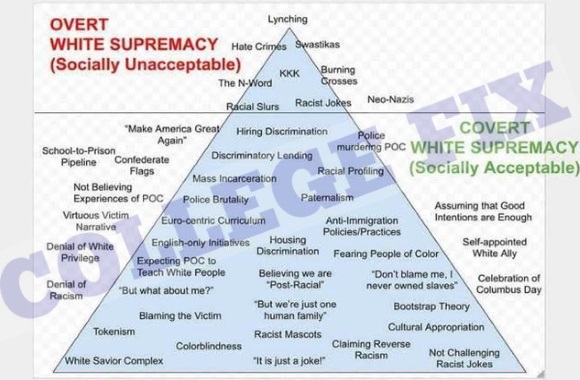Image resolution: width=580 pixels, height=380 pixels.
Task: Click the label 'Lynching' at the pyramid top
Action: point(288,20)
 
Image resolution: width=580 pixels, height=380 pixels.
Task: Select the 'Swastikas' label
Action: point(319,45)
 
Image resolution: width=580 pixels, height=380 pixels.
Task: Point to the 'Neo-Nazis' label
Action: point(390,100)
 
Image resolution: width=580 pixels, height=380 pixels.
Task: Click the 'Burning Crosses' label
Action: point(338,75)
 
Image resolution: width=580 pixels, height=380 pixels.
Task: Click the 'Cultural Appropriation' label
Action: point(436,327)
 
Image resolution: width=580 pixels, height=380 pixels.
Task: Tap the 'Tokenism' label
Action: point(113,331)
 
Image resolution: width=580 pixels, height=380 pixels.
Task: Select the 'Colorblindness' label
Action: point(207,346)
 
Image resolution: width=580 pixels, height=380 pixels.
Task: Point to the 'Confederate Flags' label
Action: point(134,165)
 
